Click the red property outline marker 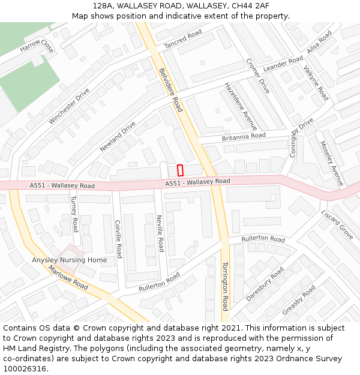coord(180,170)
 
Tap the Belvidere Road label coord(170,89)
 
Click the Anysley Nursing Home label coord(70,260)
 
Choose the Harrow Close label coord(37,46)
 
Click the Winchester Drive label coord(69,106)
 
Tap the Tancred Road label coord(183,40)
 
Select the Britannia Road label coord(244,136)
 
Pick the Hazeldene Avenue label coord(241,106)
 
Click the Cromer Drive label coord(258,76)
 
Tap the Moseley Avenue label coord(332,163)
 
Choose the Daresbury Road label coord(265,284)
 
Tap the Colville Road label coord(118,239)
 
